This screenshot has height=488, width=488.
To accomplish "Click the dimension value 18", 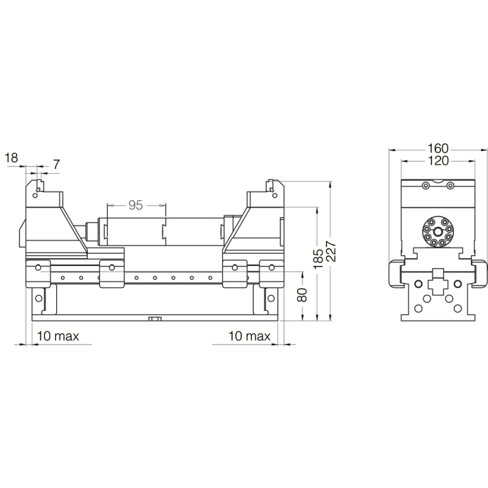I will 11,158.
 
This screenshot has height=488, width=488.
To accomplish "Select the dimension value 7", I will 57,163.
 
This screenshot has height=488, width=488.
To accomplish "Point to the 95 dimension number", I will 135,206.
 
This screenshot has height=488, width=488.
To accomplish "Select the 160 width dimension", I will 437,148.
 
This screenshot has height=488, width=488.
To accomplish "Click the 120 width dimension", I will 437,160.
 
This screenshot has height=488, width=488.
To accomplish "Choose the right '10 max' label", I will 249,336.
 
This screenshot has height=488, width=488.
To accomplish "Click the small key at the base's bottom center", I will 155,318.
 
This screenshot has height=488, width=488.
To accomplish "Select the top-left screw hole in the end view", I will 425,185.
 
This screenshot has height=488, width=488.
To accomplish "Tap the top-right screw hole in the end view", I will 450,185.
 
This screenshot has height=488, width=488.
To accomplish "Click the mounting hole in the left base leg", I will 40,298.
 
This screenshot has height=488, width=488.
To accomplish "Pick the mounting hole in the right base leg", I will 268,298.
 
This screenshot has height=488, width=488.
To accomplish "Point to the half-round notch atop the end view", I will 437,181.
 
